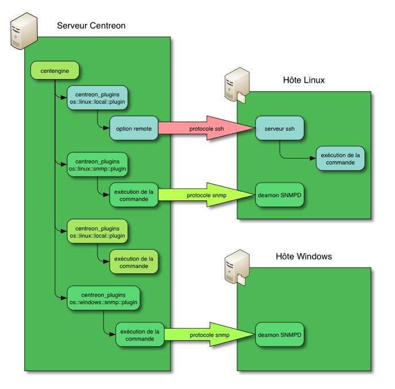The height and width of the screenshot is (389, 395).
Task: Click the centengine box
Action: click(x=54, y=70)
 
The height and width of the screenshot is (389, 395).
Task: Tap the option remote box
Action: click(x=133, y=129)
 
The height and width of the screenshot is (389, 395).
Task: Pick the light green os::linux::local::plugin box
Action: click(x=97, y=231)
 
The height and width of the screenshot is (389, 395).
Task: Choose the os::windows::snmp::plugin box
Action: click(x=103, y=297)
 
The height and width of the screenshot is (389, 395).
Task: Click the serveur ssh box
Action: click(x=280, y=129)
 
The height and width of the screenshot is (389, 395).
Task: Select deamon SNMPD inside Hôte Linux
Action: click(x=280, y=196)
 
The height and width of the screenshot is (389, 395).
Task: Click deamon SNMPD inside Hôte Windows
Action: click(x=280, y=334)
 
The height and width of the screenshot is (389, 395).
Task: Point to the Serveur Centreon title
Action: click(x=91, y=26)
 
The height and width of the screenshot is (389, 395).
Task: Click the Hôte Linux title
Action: click(x=304, y=80)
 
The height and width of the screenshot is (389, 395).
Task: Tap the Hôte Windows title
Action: click(x=304, y=256)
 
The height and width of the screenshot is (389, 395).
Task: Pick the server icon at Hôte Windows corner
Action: click(x=236, y=264)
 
